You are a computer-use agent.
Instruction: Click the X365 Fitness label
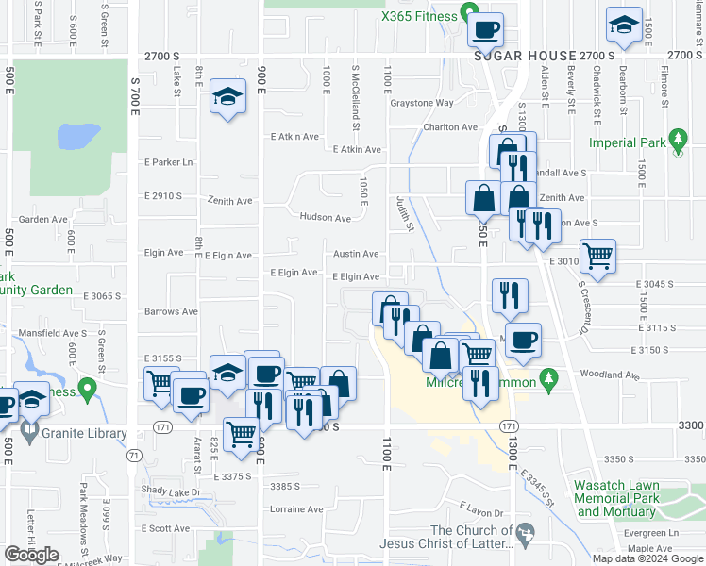click(418, 15)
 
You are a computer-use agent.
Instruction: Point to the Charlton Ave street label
click(450, 127)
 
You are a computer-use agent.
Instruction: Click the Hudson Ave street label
click(325, 218)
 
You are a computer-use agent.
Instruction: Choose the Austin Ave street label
click(355, 254)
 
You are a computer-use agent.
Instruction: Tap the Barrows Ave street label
click(171, 311)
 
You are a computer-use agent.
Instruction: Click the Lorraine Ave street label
click(296, 509)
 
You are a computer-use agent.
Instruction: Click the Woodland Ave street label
click(611, 375)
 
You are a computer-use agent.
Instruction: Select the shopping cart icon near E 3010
click(597, 255)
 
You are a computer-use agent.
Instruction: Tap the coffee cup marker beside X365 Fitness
click(486, 29)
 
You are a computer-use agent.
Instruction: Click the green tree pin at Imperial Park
click(677, 141)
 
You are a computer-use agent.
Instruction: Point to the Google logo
click(32, 555)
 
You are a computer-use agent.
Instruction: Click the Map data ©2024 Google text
click(647, 558)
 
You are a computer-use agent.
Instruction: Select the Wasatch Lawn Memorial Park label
click(614, 498)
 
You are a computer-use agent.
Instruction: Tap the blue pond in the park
click(78, 137)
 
